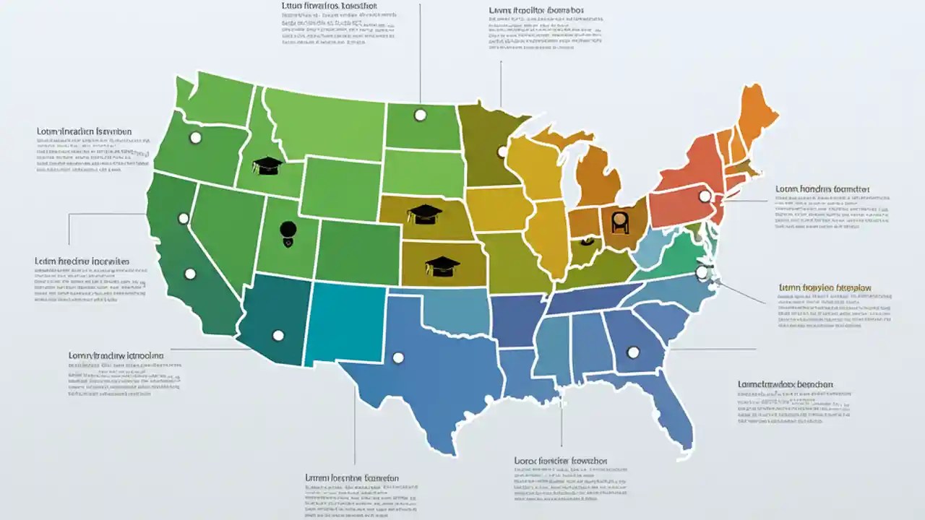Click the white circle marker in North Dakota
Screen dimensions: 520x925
(x=420, y=115)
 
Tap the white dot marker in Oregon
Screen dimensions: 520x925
(x=195, y=137)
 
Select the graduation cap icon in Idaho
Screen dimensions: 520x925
(x=267, y=165)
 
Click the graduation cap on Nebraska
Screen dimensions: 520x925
(x=424, y=214)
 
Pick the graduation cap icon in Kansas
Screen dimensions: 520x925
(x=442, y=266)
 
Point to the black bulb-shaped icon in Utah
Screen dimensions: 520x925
(x=288, y=231)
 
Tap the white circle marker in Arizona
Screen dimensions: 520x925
(x=277, y=335)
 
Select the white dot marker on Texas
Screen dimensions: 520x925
(x=397, y=357)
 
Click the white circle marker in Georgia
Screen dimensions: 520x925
(x=633, y=352)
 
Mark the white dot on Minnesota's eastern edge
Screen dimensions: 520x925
(x=502, y=152)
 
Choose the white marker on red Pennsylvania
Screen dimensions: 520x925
(x=704, y=196)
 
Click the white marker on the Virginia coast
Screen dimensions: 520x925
(x=701, y=272)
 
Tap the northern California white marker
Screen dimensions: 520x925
(x=184, y=218)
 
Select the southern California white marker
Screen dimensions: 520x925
(x=190, y=274)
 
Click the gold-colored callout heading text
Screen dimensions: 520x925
(x=825, y=287)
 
